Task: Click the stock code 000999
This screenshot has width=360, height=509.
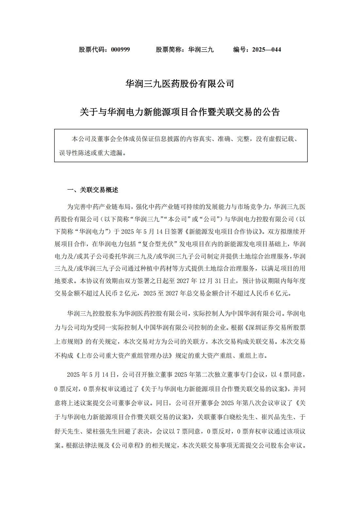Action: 120,50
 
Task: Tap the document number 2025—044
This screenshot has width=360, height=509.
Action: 266,50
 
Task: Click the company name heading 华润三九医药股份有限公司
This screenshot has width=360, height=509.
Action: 180,84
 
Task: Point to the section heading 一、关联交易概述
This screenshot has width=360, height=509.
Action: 92,190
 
